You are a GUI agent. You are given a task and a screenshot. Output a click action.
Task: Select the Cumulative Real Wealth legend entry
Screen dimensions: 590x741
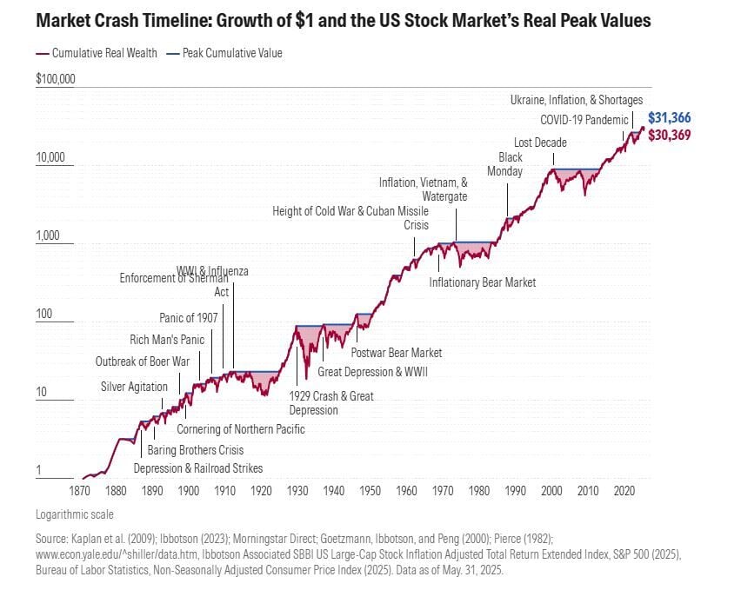tap(103, 53)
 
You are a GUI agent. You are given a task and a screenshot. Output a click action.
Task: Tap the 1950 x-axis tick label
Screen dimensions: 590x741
tap(370, 491)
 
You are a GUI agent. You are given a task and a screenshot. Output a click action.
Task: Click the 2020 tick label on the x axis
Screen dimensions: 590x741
tap(624, 491)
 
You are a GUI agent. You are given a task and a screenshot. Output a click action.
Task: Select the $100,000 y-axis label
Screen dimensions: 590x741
tap(56, 79)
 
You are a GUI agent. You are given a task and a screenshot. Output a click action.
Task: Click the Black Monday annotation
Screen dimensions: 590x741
tap(511, 164)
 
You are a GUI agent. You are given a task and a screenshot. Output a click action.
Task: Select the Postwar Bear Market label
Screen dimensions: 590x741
tap(396, 353)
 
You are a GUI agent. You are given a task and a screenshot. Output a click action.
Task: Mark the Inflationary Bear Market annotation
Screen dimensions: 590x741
tap(483, 282)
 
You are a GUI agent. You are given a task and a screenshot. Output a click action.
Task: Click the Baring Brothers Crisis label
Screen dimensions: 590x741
tap(195, 450)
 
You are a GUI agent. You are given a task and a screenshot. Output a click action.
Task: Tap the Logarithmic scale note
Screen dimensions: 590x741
tap(75, 514)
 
